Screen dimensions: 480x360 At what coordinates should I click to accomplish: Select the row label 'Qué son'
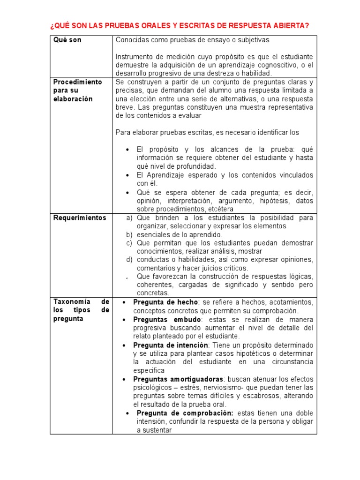point(67,40)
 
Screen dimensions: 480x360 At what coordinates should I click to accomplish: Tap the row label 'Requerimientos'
point(80,217)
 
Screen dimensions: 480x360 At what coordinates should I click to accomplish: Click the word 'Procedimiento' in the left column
point(77,82)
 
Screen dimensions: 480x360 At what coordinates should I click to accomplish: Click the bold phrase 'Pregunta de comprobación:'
point(185,413)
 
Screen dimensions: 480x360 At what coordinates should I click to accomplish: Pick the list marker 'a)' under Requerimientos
point(129,218)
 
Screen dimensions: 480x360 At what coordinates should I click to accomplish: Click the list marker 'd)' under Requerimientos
point(129,259)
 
